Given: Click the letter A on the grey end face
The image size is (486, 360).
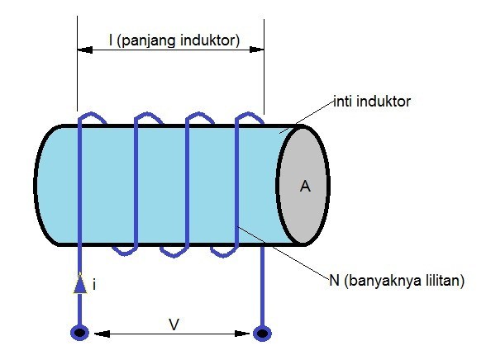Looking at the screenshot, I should coord(305,187).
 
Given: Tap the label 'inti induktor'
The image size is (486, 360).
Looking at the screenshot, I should coord(372,102).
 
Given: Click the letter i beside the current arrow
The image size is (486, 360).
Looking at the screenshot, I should coord(95,285).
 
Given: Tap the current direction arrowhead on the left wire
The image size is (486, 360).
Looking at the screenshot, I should coord(80,283).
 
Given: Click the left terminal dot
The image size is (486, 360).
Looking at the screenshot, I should coord(79,334).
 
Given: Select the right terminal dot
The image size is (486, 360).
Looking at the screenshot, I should coord(263,334).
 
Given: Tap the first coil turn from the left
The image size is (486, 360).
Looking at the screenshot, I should coord(80,182).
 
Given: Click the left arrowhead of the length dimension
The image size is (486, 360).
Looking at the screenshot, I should coord(83,50).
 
